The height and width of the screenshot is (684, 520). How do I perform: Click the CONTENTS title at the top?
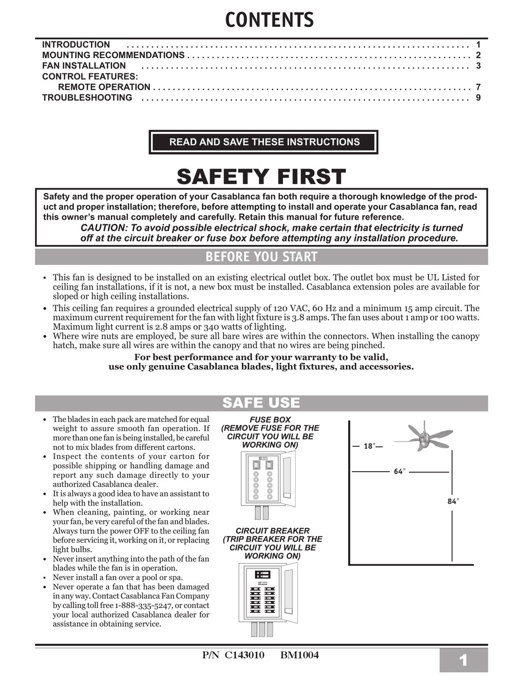(x=269, y=20)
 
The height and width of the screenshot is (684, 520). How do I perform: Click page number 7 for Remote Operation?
(x=478, y=87)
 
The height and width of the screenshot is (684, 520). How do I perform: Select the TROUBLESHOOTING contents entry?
(x=87, y=97)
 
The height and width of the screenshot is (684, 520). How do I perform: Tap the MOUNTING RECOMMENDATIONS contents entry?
(x=113, y=55)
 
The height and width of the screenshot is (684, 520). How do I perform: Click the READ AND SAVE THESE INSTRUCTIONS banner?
(x=264, y=142)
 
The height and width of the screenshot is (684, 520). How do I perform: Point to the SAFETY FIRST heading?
(x=261, y=177)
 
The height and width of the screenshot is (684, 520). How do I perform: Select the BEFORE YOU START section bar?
(x=261, y=257)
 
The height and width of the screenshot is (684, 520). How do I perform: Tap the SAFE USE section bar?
(x=261, y=403)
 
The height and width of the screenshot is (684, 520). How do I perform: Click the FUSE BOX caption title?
(x=270, y=420)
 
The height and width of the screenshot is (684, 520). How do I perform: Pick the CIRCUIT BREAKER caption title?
(x=272, y=531)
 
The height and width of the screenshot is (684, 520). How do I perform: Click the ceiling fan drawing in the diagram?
(x=424, y=437)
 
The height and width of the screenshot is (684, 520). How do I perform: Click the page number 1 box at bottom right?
(x=463, y=661)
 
